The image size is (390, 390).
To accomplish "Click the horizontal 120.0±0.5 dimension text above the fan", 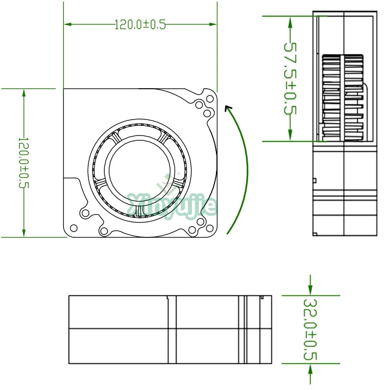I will click(x=140, y=24).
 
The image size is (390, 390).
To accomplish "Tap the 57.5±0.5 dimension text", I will click(x=291, y=78).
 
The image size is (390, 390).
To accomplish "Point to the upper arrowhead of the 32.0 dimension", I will click(x=310, y=292).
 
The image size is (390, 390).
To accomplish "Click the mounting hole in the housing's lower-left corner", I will click(x=74, y=228).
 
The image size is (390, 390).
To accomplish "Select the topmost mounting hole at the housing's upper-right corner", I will click(x=210, y=97).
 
